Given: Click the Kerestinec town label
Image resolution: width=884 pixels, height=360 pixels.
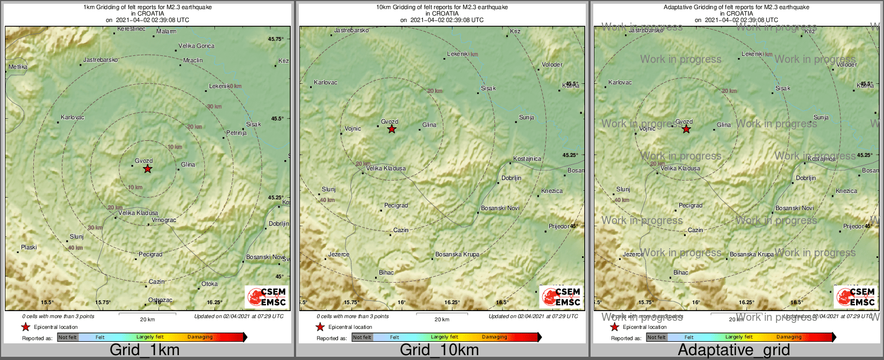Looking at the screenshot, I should coord(131,28).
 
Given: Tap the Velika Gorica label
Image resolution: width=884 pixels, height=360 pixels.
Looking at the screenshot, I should coord(196,46).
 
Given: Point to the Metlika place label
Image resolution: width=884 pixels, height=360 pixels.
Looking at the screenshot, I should coord(18,67).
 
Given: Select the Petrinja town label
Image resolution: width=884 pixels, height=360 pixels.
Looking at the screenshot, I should coord(236,133).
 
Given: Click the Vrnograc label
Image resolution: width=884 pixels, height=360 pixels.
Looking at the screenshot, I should coord(164,220).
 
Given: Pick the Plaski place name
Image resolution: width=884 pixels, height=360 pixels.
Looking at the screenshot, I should coord(29,248).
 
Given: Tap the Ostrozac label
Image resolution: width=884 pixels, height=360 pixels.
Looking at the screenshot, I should coord(160,300).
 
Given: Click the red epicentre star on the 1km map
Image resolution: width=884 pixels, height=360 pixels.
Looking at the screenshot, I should coord(148,169).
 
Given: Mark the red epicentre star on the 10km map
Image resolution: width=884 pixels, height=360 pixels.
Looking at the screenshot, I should coord(392,129).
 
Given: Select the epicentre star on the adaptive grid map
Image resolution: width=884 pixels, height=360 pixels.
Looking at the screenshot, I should coord(686,129).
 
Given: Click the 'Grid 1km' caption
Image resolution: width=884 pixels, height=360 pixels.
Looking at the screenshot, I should coord(145,350).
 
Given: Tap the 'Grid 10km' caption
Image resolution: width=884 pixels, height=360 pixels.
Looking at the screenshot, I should coord(439,350).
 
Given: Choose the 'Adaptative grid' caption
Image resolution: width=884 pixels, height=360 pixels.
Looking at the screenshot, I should coord(734,350).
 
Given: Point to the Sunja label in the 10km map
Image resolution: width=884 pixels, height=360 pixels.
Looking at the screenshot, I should coord(527,117).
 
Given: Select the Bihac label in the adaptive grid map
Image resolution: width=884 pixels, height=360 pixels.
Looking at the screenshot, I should coord(681,273).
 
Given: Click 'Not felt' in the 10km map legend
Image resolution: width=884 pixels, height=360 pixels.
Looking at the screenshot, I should coord(362,337).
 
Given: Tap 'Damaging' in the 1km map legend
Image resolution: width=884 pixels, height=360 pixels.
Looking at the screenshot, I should coord(200,337).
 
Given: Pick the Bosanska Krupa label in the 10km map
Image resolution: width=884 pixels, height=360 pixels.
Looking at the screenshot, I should coord(457,255).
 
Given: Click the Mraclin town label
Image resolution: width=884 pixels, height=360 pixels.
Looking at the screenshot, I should coord(193,61).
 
